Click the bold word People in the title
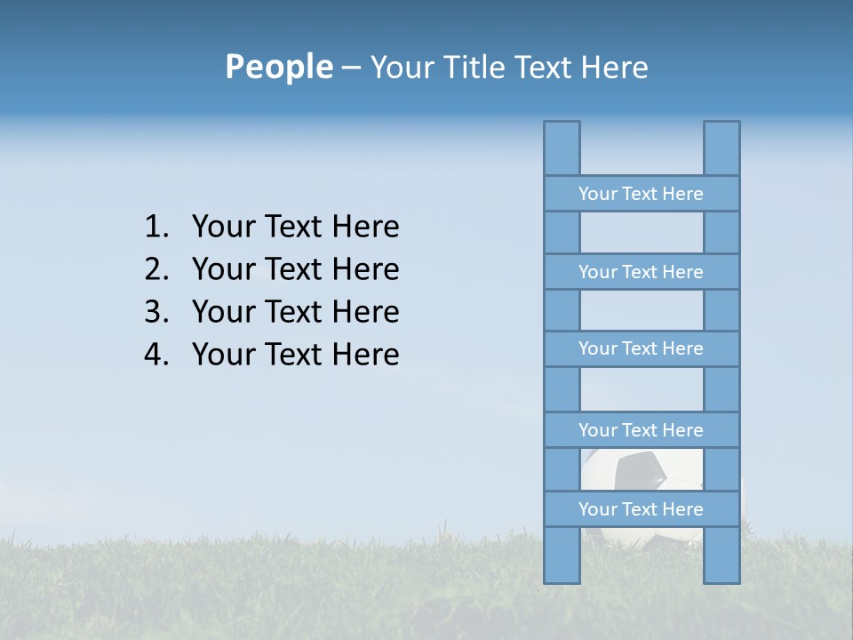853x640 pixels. pyautogui.click(x=278, y=67)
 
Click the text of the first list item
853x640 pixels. pyautogui.click(x=295, y=228)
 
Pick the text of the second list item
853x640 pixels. pyautogui.click(x=295, y=269)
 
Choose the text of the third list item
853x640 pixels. pyautogui.click(x=295, y=312)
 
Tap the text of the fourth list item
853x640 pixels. pyautogui.click(x=295, y=355)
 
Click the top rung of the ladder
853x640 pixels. pyautogui.click(x=641, y=194)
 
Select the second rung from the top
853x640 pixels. pyautogui.click(x=641, y=272)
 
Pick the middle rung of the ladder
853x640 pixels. pyautogui.click(x=641, y=348)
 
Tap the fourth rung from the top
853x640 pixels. pyautogui.click(x=641, y=430)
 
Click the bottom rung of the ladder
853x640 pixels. pyautogui.click(x=641, y=509)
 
